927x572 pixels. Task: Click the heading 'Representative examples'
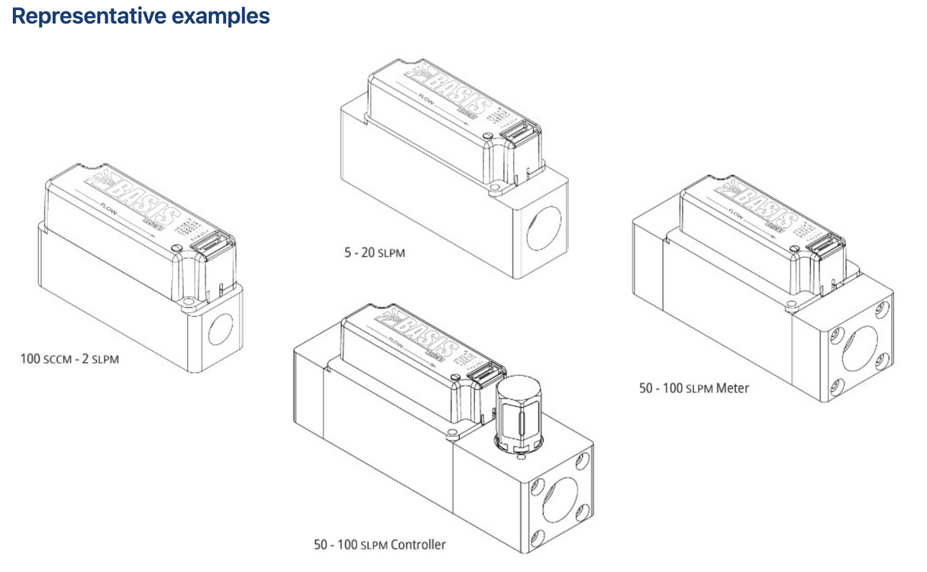point(141,16)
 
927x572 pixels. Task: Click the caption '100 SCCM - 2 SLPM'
point(69,358)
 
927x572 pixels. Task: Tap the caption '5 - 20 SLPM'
point(374,253)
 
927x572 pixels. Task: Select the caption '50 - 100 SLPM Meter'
point(694,388)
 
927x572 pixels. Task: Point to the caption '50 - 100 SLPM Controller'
point(380,545)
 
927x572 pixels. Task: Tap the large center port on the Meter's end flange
point(861,352)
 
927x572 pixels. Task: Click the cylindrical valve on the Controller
point(518,416)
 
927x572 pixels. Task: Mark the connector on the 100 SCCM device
point(215,244)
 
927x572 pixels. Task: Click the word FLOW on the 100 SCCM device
point(108,206)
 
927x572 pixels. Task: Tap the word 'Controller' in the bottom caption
point(418,545)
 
